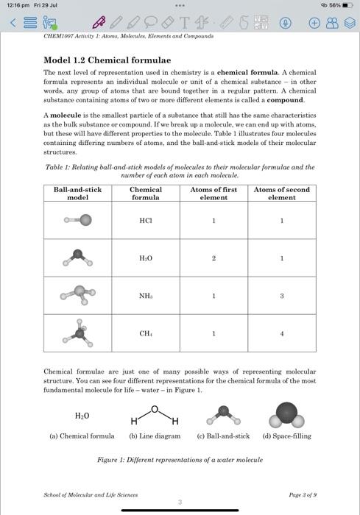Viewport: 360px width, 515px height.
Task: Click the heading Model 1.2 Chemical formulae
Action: pyautogui.click(x=107, y=60)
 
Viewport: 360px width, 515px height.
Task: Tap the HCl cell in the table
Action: pyautogui.click(x=146, y=220)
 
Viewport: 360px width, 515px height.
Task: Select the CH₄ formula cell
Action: pyautogui.click(x=146, y=333)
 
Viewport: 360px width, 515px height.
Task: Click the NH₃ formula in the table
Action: pyautogui.click(x=146, y=296)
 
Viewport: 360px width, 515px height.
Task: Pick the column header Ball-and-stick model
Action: pyautogui.click(x=77, y=193)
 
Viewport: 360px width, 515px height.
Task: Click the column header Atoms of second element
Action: pyautogui.click(x=281, y=193)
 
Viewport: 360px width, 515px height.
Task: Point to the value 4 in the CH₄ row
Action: pyautogui.click(x=281, y=333)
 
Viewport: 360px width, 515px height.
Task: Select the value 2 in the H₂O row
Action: pyautogui.click(x=213, y=258)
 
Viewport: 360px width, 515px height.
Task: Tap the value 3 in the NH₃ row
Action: pyautogui.click(x=281, y=296)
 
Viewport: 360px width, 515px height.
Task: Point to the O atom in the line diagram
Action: pyautogui.click(x=155, y=408)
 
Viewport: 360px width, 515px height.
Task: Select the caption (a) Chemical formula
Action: pyautogui.click(x=82, y=436)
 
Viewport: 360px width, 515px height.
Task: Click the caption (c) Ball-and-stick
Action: pyautogui.click(x=223, y=436)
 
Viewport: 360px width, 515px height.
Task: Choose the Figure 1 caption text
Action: pyautogui.click(x=180, y=460)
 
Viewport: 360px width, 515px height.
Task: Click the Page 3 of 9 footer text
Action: pyautogui.click(x=303, y=495)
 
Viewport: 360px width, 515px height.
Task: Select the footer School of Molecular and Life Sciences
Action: pyautogui.click(x=90, y=495)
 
